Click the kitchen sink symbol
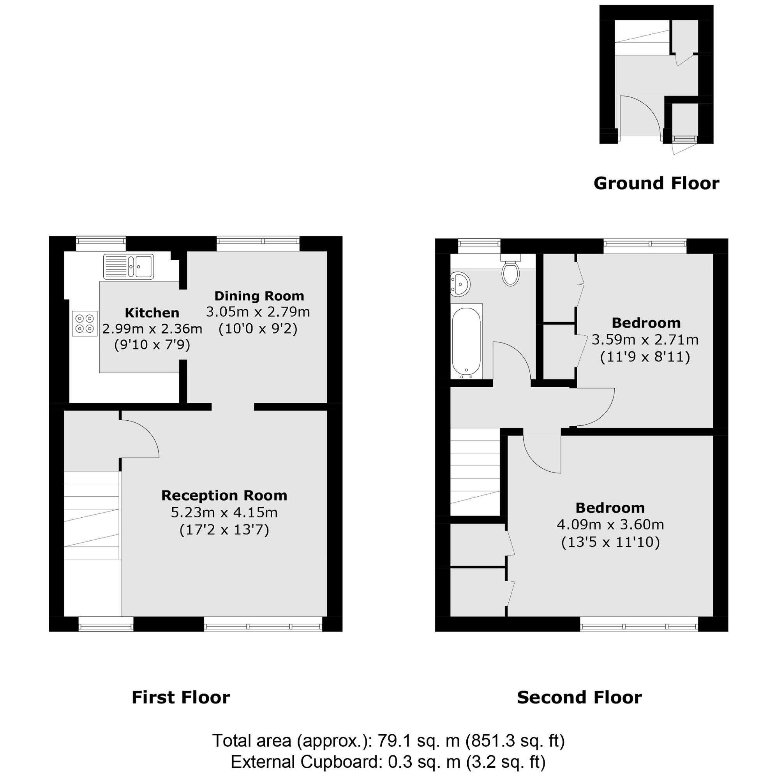point(129,266)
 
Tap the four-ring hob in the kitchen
point(85,324)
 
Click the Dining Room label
point(259,296)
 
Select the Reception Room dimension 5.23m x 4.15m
point(224,513)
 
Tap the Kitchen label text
point(152,312)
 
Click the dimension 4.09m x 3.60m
point(610,525)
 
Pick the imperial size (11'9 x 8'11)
point(645,357)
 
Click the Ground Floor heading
point(656,183)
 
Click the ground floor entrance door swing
point(641,116)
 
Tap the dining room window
point(258,241)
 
